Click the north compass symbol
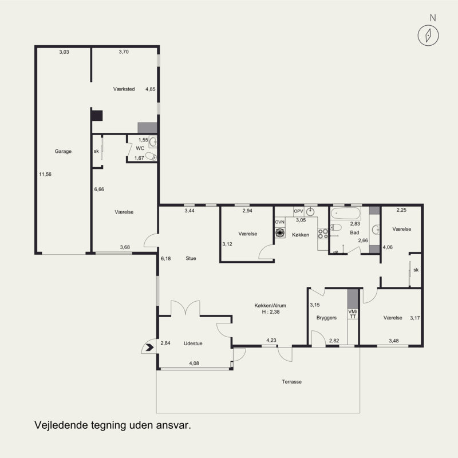click(428, 35)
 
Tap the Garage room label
click(63, 151)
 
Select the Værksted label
click(124, 89)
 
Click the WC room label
click(140, 148)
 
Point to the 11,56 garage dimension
click(45, 175)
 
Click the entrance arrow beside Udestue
click(150, 348)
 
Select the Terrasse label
click(291, 382)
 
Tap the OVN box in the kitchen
click(280, 222)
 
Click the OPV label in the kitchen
click(298, 211)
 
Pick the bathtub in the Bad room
click(346, 214)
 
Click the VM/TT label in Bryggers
click(353, 314)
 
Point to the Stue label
click(191, 258)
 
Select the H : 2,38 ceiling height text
click(271, 312)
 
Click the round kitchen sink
click(310, 212)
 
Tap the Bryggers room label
click(326, 318)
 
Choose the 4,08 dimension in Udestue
click(194, 364)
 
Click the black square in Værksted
click(97, 116)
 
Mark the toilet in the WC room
click(151, 156)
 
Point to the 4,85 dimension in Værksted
click(151, 89)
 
